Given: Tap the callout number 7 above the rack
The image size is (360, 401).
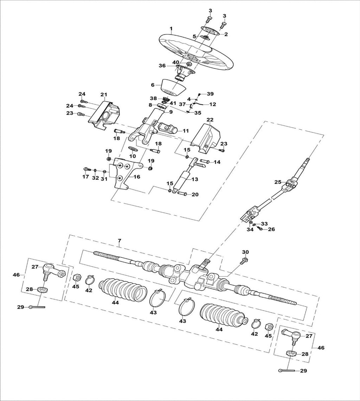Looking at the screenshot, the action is pyautogui.click(x=119, y=241).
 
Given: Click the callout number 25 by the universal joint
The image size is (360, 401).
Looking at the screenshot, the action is pyautogui.click(x=277, y=182).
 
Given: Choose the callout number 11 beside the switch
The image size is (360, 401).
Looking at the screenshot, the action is pyautogui.click(x=186, y=131).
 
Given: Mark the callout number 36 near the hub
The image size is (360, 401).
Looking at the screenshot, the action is pyautogui.click(x=162, y=66).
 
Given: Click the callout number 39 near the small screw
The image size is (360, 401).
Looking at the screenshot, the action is pyautogui.click(x=210, y=94).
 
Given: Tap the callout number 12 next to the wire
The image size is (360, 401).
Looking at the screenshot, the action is pyautogui.click(x=212, y=104).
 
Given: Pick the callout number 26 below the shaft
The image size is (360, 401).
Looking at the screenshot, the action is pyautogui.click(x=271, y=229).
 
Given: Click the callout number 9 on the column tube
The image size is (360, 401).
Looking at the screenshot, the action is pyautogui.click(x=171, y=112).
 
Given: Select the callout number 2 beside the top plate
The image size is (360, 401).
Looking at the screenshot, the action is pyautogui.click(x=226, y=34).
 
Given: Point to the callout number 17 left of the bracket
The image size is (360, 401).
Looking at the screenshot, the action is pyautogui.click(x=85, y=177).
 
